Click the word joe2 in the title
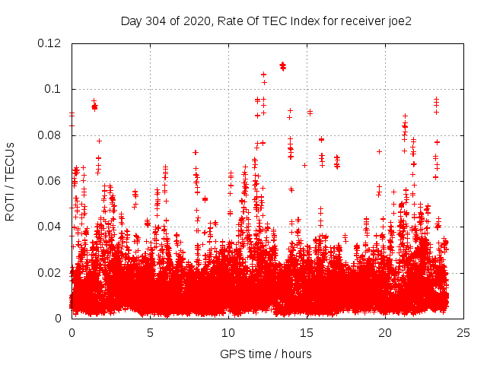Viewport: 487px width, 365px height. [x=399, y=21]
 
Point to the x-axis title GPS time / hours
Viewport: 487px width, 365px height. [x=266, y=354]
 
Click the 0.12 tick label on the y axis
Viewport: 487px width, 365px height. [x=52, y=43]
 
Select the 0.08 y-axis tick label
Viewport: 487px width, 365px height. [x=52, y=135]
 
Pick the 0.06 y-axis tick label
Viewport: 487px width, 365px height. [x=52, y=181]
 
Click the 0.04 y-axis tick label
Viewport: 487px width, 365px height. [x=52, y=227]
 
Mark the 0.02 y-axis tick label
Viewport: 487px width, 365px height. [x=52, y=273]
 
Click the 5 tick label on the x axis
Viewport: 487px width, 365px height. [x=151, y=333]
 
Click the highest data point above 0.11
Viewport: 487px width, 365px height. [x=282, y=65]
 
